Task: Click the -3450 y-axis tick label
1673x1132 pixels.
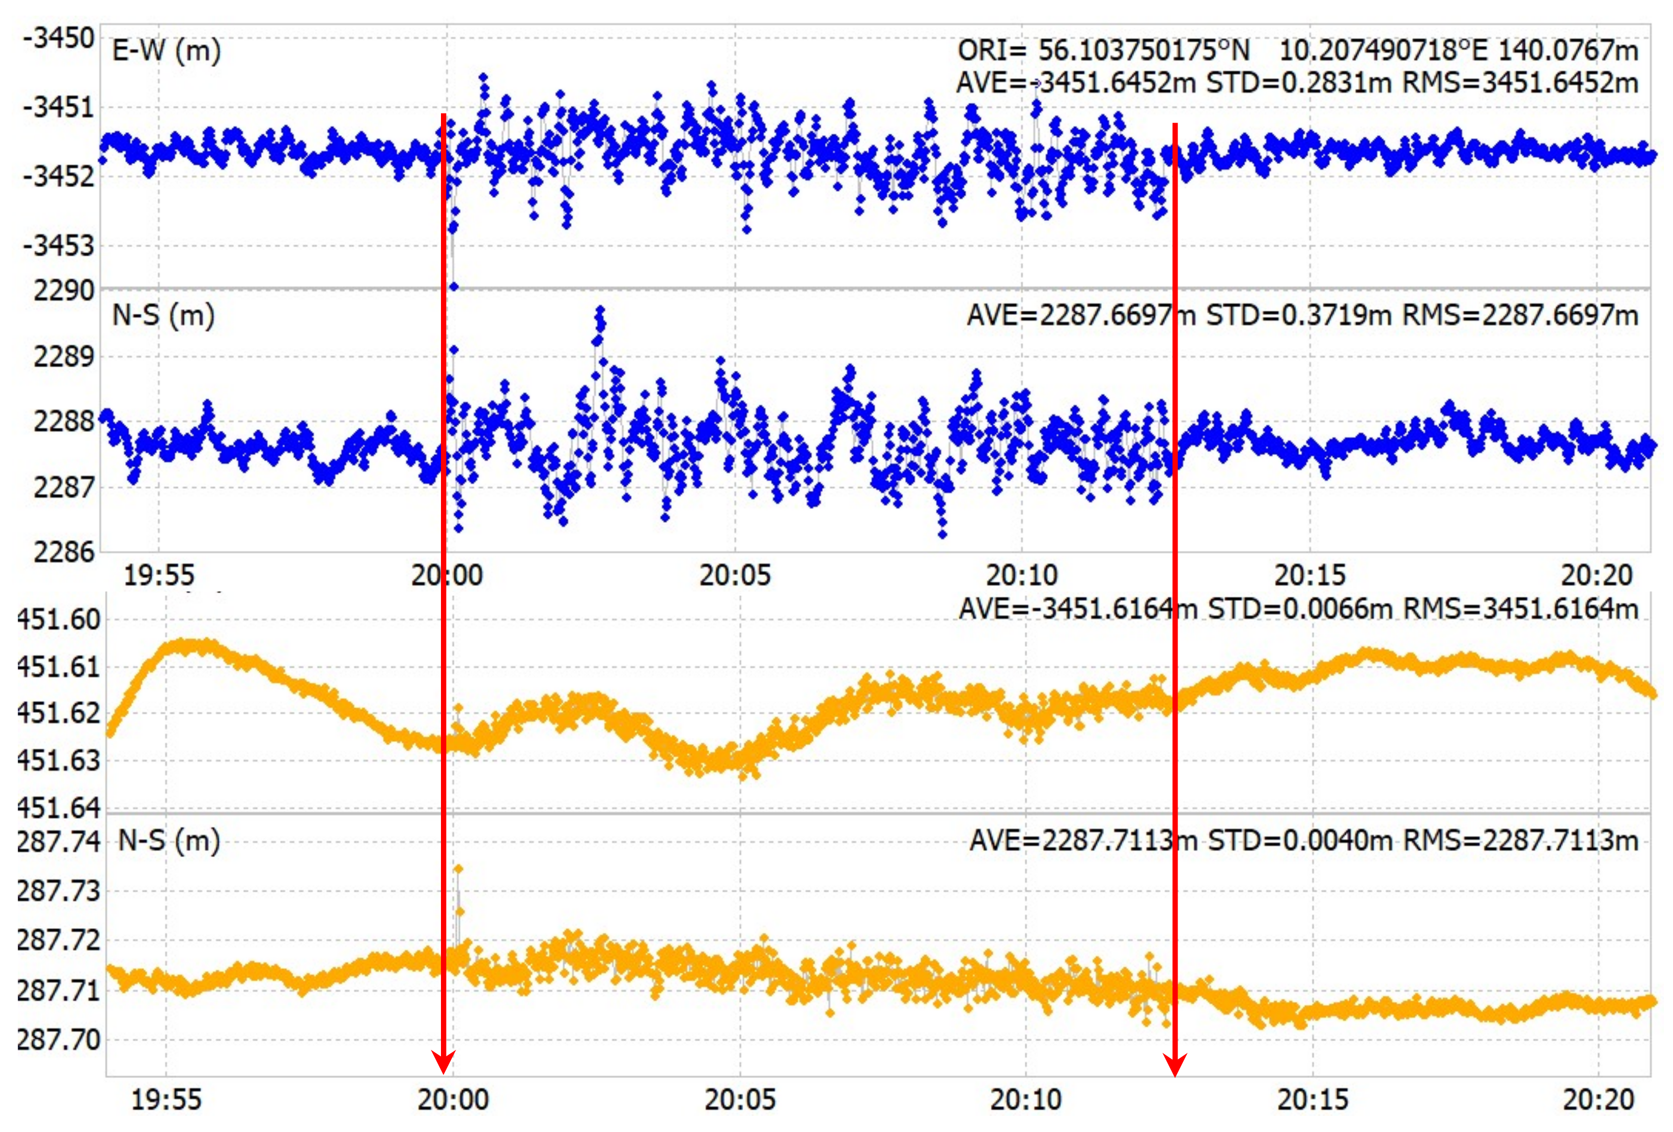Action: pyautogui.click(x=59, y=37)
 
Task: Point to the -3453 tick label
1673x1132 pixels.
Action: pyautogui.click(x=59, y=245)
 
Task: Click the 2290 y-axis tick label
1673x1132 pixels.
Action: pyautogui.click(x=64, y=291)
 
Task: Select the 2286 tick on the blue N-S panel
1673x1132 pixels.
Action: pyautogui.click(x=64, y=552)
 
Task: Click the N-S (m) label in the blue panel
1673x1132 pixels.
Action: pyautogui.click(x=163, y=315)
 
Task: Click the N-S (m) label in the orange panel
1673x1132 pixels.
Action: pyautogui.click(x=169, y=840)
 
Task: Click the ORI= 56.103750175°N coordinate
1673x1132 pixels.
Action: pyautogui.click(x=1103, y=50)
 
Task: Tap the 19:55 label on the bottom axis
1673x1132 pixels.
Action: pyautogui.click(x=166, y=1100)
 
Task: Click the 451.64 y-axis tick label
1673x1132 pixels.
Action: pyautogui.click(x=59, y=808)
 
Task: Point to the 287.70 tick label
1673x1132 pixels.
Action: pyautogui.click(x=59, y=1039)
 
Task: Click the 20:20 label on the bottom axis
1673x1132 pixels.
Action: pyautogui.click(x=1599, y=1100)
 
